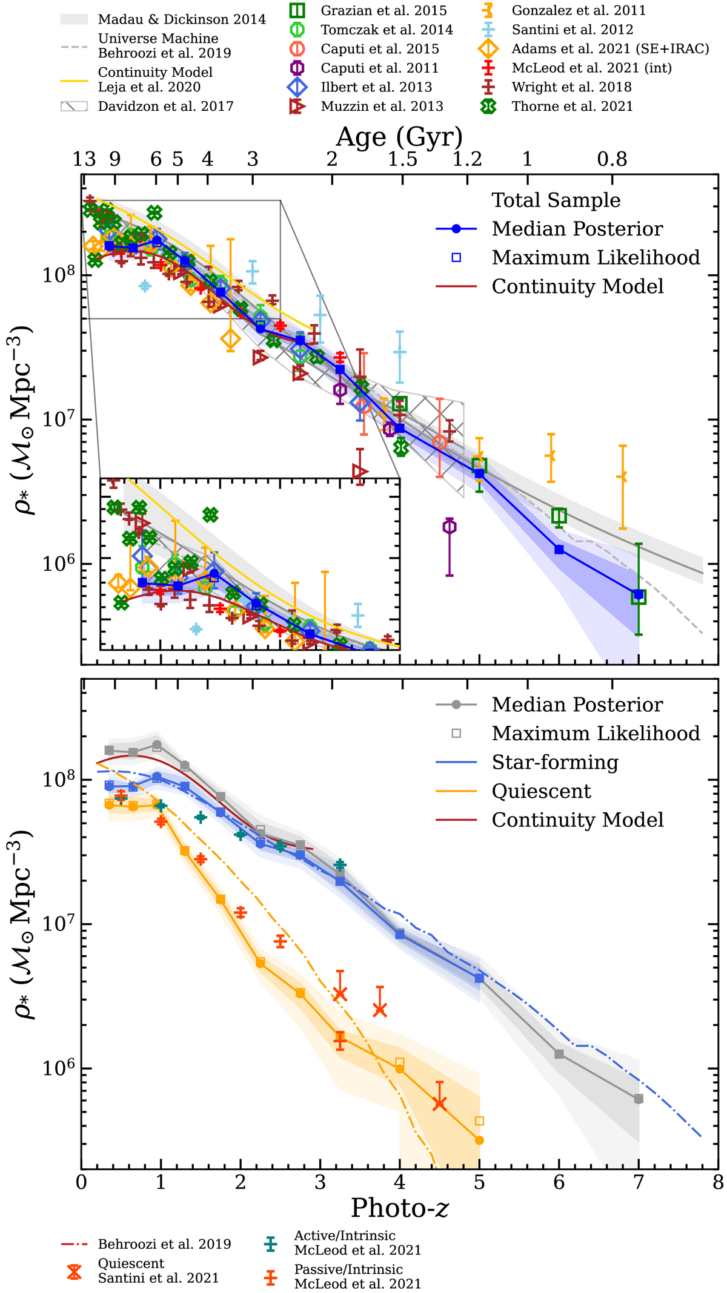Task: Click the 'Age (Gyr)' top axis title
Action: point(399,137)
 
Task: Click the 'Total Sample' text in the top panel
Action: point(556,200)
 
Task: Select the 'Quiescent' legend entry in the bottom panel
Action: point(541,791)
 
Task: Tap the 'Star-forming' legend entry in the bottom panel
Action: point(554,762)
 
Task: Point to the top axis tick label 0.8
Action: point(612,159)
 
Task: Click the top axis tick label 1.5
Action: point(402,159)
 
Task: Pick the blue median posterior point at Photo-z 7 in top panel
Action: point(638,594)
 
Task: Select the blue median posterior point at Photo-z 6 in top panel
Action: point(559,550)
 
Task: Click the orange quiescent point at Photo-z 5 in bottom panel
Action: point(479,1140)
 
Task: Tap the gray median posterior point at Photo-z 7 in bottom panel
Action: point(638,1099)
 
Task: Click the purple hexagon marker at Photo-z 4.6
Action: point(449,527)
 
